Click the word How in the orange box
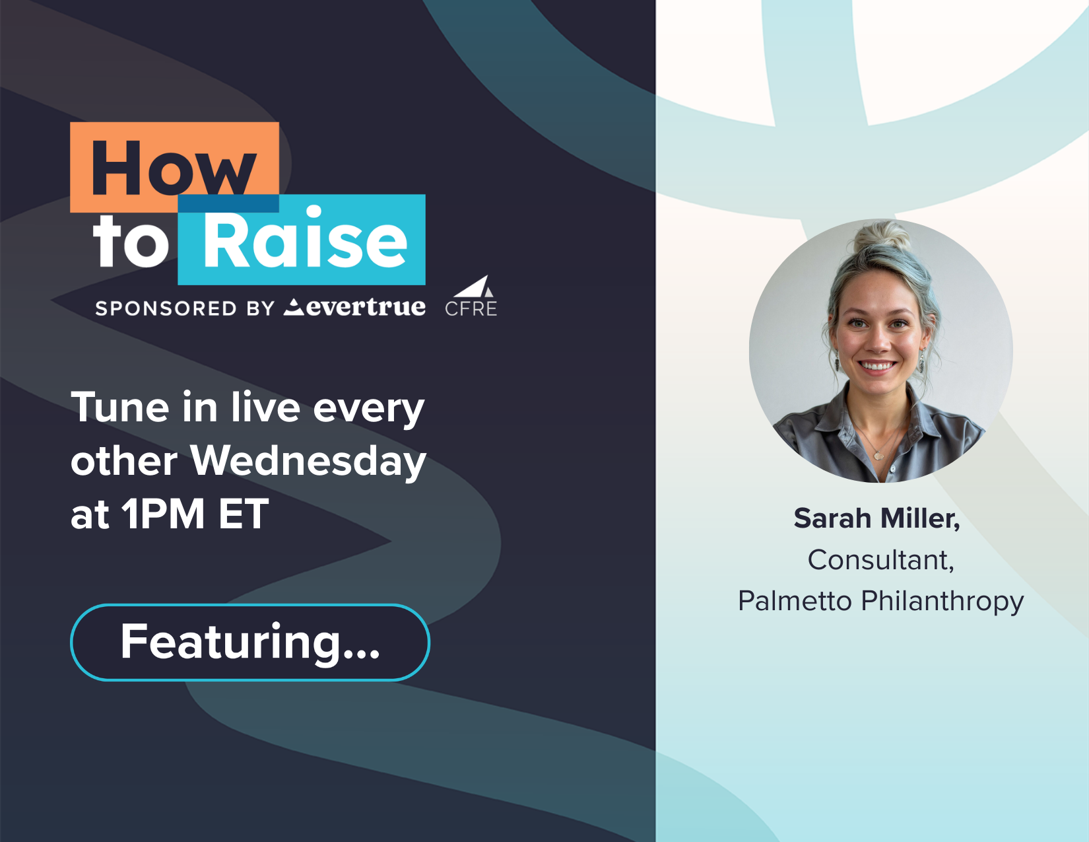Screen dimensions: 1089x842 (174, 168)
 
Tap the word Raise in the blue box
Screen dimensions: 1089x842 (305, 237)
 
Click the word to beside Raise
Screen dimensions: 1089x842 (131, 242)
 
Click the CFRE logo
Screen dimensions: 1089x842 (471, 297)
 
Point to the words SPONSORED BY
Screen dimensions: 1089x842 (185, 308)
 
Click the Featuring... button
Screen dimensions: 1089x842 (250, 643)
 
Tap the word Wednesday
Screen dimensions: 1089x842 (308, 462)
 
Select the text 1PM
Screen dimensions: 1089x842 (164, 514)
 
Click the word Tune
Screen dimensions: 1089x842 (120, 407)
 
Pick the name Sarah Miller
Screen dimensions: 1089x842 (876, 518)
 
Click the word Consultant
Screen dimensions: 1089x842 (880, 559)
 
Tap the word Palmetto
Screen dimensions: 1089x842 (795, 601)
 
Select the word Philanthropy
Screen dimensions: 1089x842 (942, 602)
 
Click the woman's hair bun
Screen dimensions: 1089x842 (882, 236)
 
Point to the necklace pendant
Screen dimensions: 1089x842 (878, 456)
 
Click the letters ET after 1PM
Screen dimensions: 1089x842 (244, 514)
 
